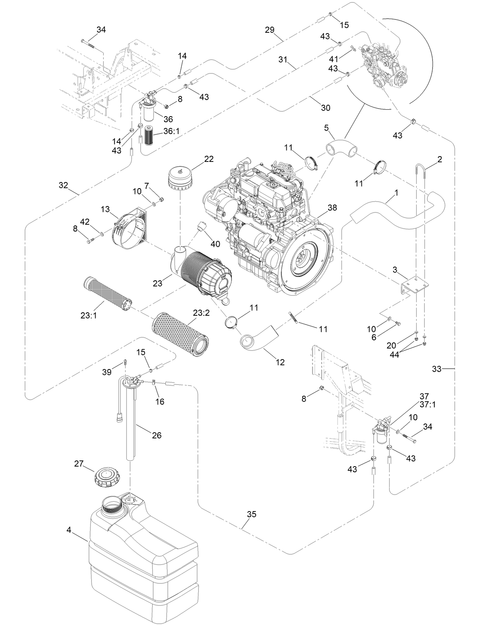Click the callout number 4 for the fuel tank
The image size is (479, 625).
(69, 529)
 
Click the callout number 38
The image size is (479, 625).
(332, 208)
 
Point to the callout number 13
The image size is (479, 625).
(105, 209)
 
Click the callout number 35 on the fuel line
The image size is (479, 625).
(251, 514)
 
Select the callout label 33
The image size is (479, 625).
(437, 368)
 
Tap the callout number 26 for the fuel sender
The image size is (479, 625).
(156, 435)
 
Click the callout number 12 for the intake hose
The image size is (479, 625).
(280, 362)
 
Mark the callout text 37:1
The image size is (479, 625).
(427, 404)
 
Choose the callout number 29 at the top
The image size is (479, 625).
(269, 30)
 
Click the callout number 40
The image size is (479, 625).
(215, 243)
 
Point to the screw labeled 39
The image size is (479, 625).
(125, 363)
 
